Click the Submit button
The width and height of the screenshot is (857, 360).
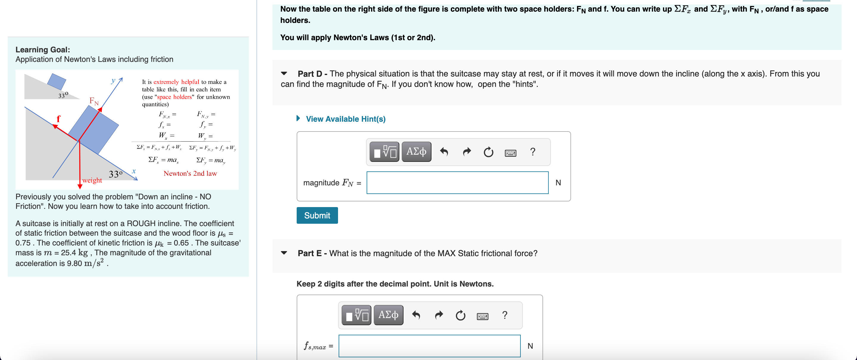pyautogui.click(x=317, y=215)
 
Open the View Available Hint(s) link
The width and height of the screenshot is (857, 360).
pyautogui.click(x=345, y=119)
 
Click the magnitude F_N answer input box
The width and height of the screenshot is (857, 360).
pyautogui.click(x=457, y=183)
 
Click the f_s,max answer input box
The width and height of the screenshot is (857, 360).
pyautogui.click(x=429, y=346)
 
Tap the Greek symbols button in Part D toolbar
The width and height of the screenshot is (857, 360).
pyautogui.click(x=416, y=152)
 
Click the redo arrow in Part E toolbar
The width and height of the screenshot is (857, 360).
pyautogui.click(x=439, y=315)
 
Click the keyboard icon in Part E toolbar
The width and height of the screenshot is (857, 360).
pyautogui.click(x=482, y=316)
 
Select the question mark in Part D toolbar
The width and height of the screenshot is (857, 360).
pyautogui.click(x=532, y=152)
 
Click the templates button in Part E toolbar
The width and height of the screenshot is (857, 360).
pyautogui.click(x=356, y=315)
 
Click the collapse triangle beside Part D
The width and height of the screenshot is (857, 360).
pyautogui.click(x=284, y=73)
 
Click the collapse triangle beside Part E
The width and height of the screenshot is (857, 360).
pyautogui.click(x=284, y=253)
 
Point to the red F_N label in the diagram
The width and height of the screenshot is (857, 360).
pyautogui.click(x=94, y=101)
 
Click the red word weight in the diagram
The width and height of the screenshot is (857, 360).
pyautogui.click(x=92, y=180)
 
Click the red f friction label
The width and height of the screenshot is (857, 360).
pyautogui.click(x=59, y=118)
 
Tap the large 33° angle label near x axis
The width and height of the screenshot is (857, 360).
pyautogui.click(x=115, y=174)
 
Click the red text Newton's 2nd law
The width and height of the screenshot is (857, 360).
pyautogui.click(x=190, y=173)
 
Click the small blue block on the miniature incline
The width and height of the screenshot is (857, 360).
pyautogui.click(x=57, y=81)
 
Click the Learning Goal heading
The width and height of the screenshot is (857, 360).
pyautogui.click(x=43, y=50)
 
